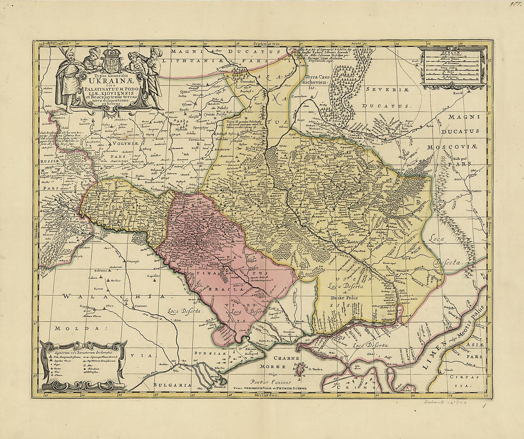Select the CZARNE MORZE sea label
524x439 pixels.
pyautogui.click(x=280, y=363)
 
